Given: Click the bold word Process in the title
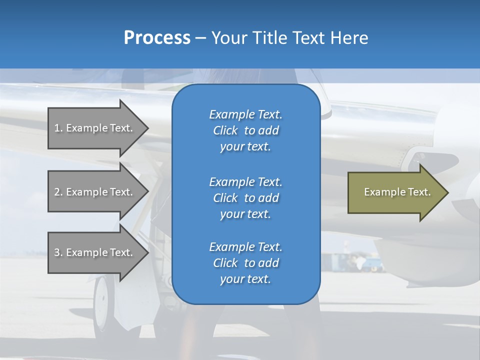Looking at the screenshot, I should tap(157, 38).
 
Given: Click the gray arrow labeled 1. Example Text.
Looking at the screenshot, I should tap(95, 128).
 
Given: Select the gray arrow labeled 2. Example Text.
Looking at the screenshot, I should tap(95, 192).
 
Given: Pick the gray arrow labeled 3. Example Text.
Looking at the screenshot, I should tap(95, 252).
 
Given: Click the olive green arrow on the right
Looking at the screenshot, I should tap(395, 192).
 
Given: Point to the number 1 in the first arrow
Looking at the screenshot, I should tap(57, 128).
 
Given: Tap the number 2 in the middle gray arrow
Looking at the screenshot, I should tap(57, 192).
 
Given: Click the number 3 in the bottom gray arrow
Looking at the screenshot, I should tap(57, 252).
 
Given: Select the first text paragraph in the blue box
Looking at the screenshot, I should tap(245, 130).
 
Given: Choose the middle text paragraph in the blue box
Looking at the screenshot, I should tap(245, 198).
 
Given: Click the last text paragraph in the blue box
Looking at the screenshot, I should tap(245, 263).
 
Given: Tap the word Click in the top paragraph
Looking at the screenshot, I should tap(225, 130).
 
